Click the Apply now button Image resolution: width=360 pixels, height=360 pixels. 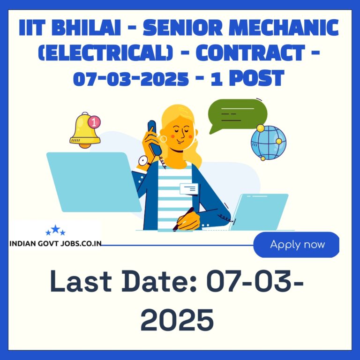(x=296, y=245)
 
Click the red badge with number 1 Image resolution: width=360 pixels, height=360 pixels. (x=94, y=122)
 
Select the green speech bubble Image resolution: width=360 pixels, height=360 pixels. (x=238, y=115)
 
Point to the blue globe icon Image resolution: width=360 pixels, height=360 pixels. (x=269, y=142)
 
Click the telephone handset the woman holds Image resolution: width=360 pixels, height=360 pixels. (x=154, y=137)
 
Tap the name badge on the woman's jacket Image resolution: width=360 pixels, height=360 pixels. (x=189, y=189)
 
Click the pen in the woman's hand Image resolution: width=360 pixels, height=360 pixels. (x=183, y=219)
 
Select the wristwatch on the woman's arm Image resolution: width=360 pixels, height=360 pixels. (x=144, y=161)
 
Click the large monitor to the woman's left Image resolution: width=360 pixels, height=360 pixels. (x=94, y=182)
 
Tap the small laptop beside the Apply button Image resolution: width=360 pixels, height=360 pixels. (x=259, y=212)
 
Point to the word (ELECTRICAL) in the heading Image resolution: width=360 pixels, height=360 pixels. (x=105, y=52)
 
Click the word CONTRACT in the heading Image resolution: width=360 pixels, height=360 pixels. (x=250, y=52)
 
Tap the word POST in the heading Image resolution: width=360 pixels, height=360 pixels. (x=257, y=78)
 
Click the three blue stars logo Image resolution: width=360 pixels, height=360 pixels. (x=55, y=230)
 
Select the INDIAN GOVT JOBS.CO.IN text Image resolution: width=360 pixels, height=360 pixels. (x=55, y=244)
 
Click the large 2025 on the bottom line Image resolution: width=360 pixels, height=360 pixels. (x=177, y=320)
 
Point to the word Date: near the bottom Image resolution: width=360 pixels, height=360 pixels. (x=159, y=281)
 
